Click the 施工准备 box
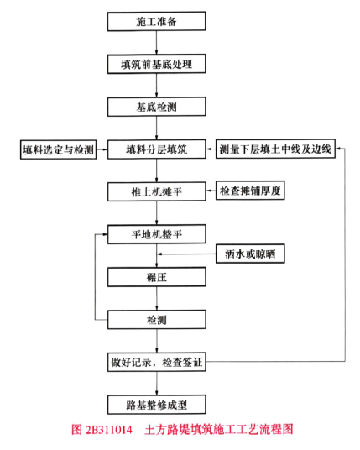pyautogui.click(x=156, y=21)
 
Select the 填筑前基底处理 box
pyautogui.click(x=156, y=64)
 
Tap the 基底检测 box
pyautogui.click(x=156, y=107)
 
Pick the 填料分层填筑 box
pyautogui.click(x=156, y=149)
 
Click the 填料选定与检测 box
pyautogui.click(x=58, y=149)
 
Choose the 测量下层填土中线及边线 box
pyautogui.click(x=275, y=149)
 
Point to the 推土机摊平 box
pyautogui.click(x=156, y=191)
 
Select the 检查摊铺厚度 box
pyautogui.click(x=250, y=191)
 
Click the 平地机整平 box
pyautogui.click(x=156, y=234)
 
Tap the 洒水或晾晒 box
pyautogui.click(x=250, y=254)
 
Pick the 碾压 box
pyautogui.click(x=156, y=277)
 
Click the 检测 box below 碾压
pyautogui.click(x=156, y=319)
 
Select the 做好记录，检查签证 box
pyautogui.click(x=156, y=362)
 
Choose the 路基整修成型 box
pyautogui.click(x=156, y=405)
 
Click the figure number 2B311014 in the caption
pyautogui.click(x=109, y=430)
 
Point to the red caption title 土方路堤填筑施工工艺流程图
pyautogui.click(x=219, y=430)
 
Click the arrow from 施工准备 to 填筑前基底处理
pyautogui.click(x=156, y=43)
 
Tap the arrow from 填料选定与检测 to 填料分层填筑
pyautogui.click(x=102, y=149)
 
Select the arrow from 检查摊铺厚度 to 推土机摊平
pyautogui.click(x=211, y=191)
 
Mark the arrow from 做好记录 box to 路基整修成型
pyautogui.click(x=157, y=384)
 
